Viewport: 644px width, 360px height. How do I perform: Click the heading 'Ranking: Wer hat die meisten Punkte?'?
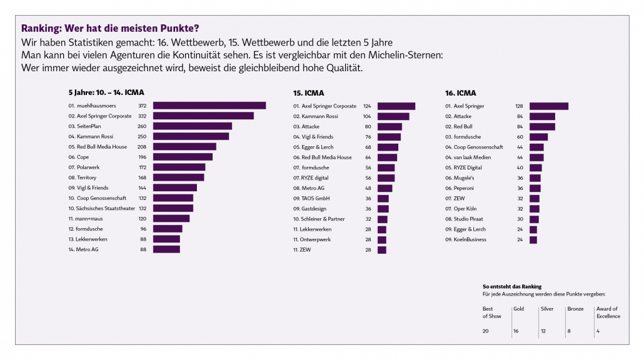point(111,28)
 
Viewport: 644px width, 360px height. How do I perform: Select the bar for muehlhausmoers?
point(209,106)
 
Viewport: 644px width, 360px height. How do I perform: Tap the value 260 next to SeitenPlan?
point(142,126)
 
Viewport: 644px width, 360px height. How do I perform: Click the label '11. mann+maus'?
point(85,219)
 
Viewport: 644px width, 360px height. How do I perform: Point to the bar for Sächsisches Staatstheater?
point(173,208)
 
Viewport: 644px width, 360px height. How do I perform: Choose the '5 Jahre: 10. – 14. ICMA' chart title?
point(106,92)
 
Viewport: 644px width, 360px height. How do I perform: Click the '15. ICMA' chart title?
point(309,92)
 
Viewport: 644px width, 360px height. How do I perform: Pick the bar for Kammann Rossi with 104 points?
point(393,116)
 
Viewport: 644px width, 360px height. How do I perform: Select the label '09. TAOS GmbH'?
point(316,198)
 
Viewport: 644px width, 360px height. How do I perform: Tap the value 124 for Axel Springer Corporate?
point(367,106)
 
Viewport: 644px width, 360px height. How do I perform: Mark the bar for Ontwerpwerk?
point(382,239)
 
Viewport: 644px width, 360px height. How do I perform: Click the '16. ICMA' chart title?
point(460,92)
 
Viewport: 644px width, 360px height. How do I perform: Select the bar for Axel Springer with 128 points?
point(548,106)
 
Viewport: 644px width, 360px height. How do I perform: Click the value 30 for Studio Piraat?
point(520,219)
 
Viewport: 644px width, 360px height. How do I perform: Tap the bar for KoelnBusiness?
point(533,239)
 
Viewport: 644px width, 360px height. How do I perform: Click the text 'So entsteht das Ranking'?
point(512,286)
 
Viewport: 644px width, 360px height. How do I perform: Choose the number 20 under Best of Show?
point(486,331)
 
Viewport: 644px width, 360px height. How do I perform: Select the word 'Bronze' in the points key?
point(575,309)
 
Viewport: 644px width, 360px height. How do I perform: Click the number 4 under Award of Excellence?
point(598,331)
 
